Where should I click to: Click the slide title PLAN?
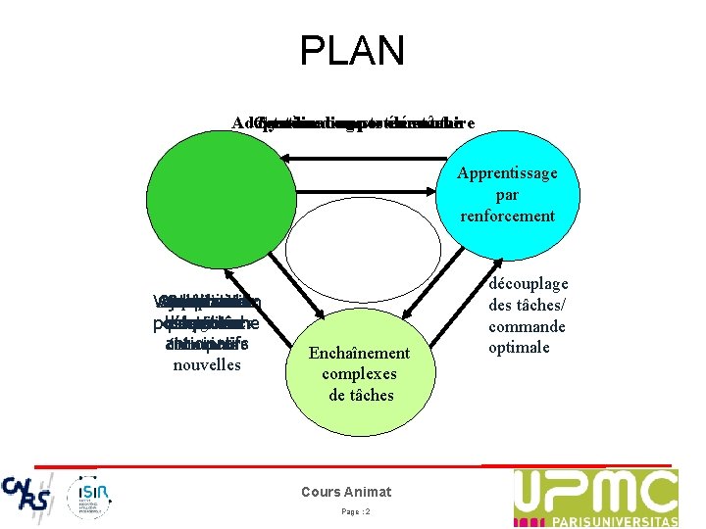pos(352,51)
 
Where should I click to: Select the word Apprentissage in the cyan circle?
pos(506,173)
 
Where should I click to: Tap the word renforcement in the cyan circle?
pos(506,216)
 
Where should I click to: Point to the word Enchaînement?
pos(359,353)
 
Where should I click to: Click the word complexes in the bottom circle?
pos(359,374)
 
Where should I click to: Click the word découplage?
pos(529,284)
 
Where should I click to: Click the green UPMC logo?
pos(595,497)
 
